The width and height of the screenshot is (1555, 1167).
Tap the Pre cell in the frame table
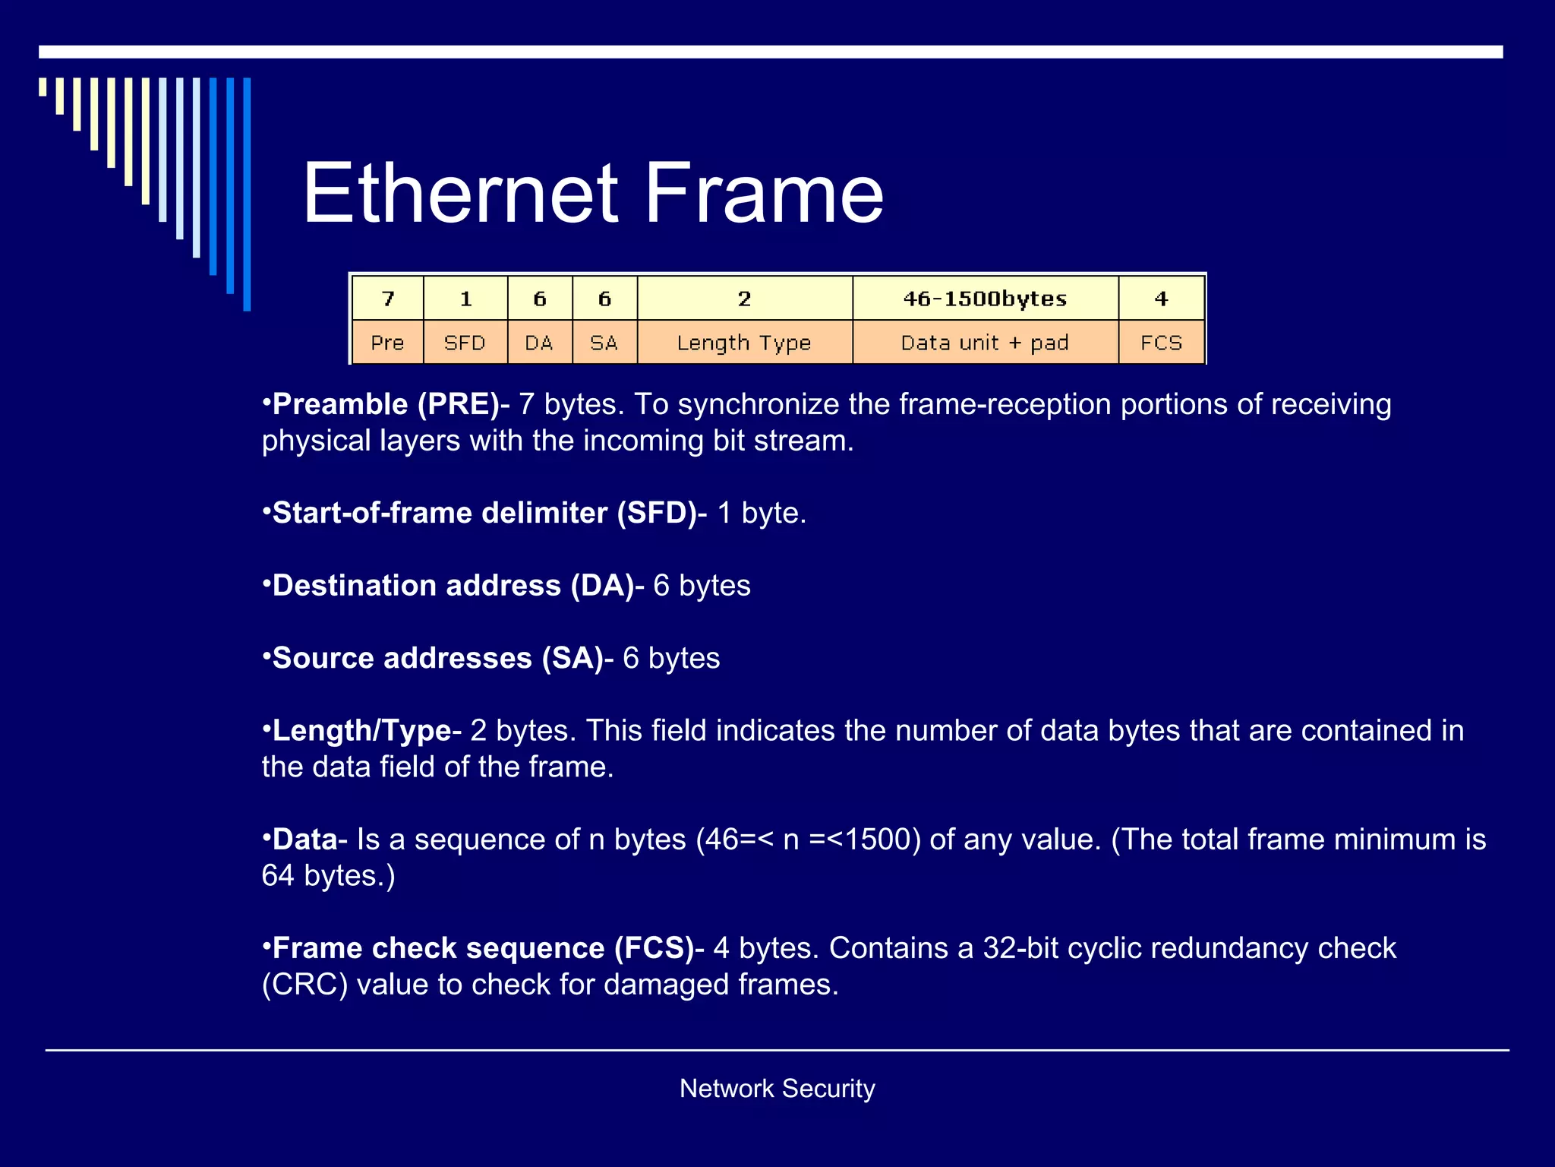[387, 343]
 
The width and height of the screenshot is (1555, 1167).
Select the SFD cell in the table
[465, 343]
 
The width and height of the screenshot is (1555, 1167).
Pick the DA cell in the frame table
[539, 343]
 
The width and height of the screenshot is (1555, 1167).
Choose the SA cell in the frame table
[604, 343]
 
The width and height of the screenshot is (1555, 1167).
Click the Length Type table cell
[744, 343]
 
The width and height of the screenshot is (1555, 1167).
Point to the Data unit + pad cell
[985, 343]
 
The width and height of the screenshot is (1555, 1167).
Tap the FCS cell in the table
[1161, 343]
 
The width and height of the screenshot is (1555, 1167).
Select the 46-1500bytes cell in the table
[985, 299]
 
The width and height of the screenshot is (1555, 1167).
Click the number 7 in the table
[388, 299]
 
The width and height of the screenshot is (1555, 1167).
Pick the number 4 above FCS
[1161, 299]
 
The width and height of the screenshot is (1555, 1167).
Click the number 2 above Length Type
[744, 299]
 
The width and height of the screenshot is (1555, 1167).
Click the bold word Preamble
[340, 404]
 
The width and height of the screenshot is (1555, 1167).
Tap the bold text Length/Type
[362, 731]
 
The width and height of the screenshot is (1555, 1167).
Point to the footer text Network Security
[777, 1088]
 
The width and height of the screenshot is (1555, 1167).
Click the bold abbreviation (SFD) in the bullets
[657, 513]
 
